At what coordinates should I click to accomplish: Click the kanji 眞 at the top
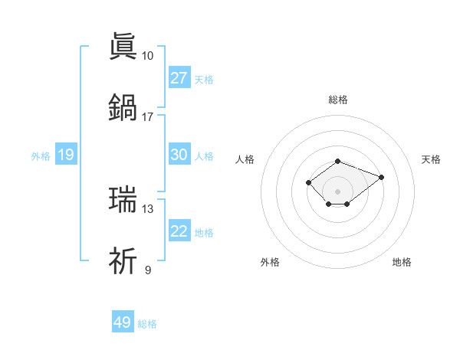tap(123, 47)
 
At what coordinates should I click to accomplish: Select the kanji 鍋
tap(123, 106)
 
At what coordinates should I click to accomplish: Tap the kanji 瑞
tap(123, 199)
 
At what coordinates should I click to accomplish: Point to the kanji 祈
tap(123, 260)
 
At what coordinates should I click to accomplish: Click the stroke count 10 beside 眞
tap(147, 56)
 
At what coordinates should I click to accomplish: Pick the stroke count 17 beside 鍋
tap(147, 116)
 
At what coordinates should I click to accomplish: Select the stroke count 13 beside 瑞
tap(147, 208)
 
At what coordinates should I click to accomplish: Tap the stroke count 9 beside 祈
tap(147, 270)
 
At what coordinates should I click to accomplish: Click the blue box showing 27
tap(179, 78)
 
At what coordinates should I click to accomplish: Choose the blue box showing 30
tap(179, 155)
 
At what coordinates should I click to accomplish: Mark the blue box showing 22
tap(179, 231)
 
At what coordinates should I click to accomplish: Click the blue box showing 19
tap(66, 155)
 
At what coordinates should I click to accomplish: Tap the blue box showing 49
tap(123, 322)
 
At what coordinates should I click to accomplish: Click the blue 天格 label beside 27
tap(204, 80)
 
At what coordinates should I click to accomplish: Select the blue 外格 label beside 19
tap(41, 156)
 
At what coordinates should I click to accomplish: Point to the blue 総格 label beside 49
tap(147, 324)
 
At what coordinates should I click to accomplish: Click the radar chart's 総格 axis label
tap(337, 100)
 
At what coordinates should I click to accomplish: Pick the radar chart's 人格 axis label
tap(245, 159)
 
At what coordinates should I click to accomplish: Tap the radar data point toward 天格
tap(381, 177)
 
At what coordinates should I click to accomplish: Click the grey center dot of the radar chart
tap(337, 191)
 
